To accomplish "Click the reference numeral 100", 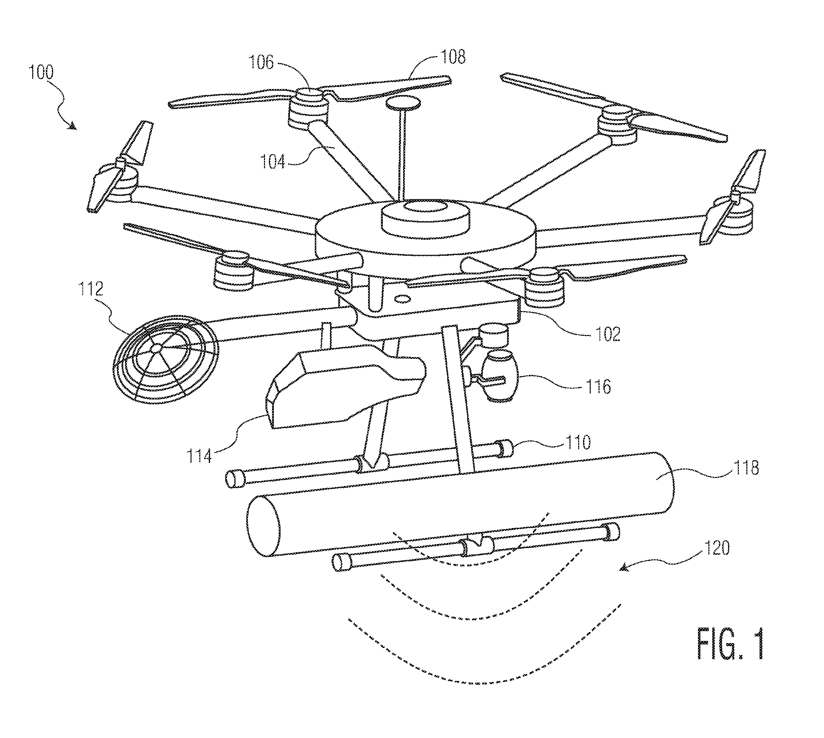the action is click(41, 72).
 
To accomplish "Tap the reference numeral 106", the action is click(261, 62).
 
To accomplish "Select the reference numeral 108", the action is click(453, 57).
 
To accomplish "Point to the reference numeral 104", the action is click(273, 162).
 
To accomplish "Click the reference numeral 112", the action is click(91, 289).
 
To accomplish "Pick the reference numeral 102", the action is click(608, 334).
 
